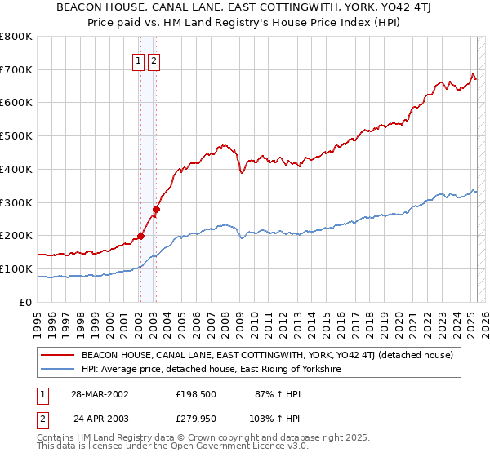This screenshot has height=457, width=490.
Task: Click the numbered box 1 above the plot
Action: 138,60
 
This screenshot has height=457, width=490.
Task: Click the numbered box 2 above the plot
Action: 154,60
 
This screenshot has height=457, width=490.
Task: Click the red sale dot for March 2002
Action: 140,236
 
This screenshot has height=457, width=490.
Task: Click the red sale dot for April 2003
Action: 156,209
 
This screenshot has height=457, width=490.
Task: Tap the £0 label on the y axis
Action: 25,302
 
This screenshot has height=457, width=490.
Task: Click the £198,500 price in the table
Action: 194,394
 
